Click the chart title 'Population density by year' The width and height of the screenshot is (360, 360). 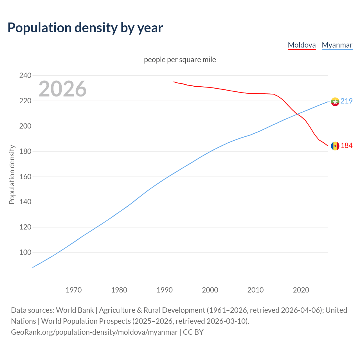(85, 28)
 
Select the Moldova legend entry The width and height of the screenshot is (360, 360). (302, 45)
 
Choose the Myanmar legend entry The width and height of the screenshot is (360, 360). (337, 45)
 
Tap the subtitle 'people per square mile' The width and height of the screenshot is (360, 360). (180, 60)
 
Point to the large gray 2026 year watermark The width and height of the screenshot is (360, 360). (62, 89)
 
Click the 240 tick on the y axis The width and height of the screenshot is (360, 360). (25, 75)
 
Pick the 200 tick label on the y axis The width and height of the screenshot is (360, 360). (25, 126)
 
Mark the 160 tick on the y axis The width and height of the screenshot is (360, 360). (25, 177)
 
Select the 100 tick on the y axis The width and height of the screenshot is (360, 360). (25, 253)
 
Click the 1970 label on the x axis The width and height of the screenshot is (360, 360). (74, 290)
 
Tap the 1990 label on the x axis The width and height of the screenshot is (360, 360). (165, 290)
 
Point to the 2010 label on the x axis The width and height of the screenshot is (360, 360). (255, 290)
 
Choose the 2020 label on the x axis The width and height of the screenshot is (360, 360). (301, 290)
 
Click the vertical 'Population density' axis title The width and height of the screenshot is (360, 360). (12, 174)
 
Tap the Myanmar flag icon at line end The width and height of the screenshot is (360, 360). (335, 102)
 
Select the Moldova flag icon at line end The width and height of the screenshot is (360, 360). (335, 146)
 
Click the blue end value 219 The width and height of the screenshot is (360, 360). (346, 101)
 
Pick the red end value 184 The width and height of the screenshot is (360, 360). (346, 145)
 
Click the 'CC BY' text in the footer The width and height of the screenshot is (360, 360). (193, 332)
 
